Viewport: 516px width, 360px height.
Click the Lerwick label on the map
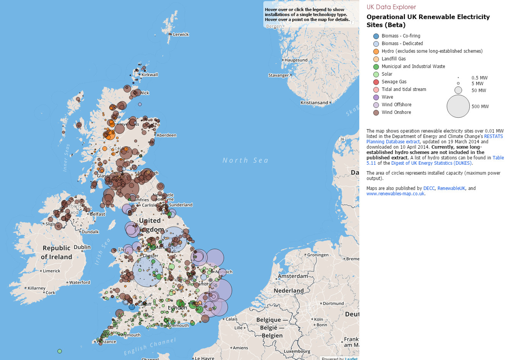(181, 34)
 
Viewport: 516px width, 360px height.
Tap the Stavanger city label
(279, 75)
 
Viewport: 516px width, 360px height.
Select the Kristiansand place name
(314, 102)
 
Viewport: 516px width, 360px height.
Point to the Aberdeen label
(166, 135)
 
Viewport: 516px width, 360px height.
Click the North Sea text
(245, 161)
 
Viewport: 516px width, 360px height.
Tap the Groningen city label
(318, 255)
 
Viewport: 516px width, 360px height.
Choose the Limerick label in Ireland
(52, 271)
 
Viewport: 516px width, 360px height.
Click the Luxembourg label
(297, 351)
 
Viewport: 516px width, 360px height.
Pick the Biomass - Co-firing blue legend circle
(376, 36)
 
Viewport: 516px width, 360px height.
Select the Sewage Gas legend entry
(394, 82)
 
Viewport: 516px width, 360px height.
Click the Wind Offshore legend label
(396, 105)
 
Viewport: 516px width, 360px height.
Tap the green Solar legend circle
(376, 74)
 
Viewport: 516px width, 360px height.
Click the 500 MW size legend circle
(458, 106)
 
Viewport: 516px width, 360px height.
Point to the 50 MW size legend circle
(458, 90)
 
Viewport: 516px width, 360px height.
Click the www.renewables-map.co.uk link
(395, 194)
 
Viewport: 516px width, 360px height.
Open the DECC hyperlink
(429, 188)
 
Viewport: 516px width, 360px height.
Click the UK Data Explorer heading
(391, 7)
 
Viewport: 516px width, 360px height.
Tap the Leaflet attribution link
(351, 358)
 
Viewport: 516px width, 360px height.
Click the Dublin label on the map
(82, 247)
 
